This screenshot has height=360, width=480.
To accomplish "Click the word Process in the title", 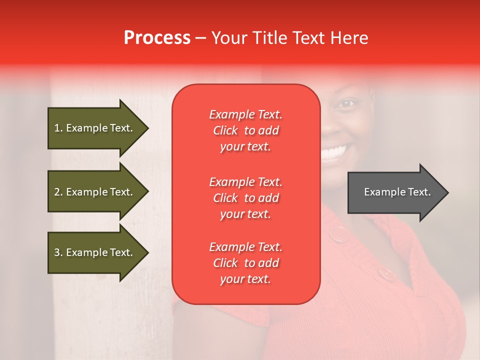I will pyautogui.click(x=157, y=38).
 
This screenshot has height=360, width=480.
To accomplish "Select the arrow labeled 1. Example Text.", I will pyautogui.click(x=95, y=128).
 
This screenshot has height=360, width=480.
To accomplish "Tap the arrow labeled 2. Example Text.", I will pyautogui.click(x=95, y=192).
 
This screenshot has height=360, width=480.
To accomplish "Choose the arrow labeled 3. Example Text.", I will pyautogui.click(x=95, y=252).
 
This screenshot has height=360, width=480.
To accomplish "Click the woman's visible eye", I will pyautogui.click(x=346, y=104).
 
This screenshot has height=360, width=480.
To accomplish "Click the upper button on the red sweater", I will pyautogui.click(x=339, y=233).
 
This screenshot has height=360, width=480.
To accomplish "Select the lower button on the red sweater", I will pyautogui.click(x=385, y=273).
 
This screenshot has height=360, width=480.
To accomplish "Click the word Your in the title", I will pyautogui.click(x=228, y=38).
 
